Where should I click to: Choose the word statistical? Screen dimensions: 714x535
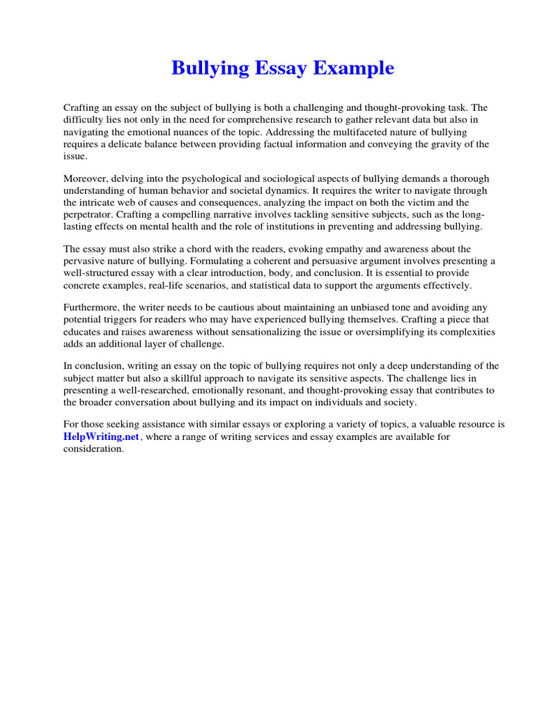click(x=292, y=284)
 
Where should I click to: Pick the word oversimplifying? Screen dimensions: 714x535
click(x=389, y=332)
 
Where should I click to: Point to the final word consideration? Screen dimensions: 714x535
click(x=93, y=448)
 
